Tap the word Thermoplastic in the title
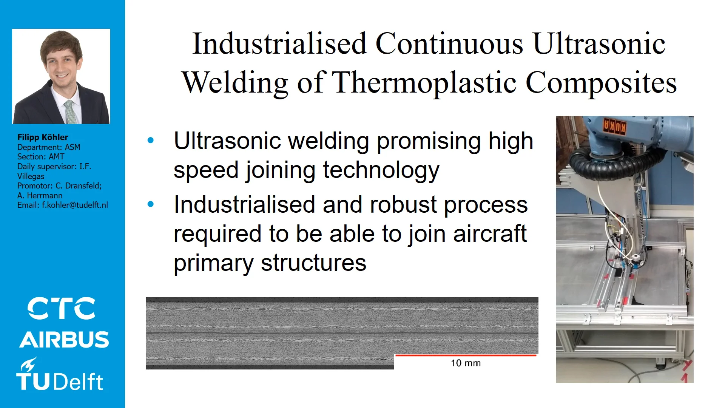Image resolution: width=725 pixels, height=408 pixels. (424, 82)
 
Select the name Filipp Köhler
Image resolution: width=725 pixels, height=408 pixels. (43, 137)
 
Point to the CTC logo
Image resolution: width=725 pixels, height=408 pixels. (61, 308)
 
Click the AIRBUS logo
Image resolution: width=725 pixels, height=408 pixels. (64, 340)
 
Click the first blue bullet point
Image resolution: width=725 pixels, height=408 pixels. (151, 141)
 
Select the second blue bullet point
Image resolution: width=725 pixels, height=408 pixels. (151, 204)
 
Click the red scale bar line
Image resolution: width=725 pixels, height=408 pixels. (466, 355)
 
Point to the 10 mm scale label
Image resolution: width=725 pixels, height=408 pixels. (466, 363)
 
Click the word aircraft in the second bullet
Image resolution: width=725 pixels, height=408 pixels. (490, 233)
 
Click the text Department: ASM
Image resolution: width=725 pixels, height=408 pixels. (49, 147)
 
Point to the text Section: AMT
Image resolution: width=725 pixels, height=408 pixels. (41, 156)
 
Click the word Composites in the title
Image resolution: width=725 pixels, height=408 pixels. (601, 82)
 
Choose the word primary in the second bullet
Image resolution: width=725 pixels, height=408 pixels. (213, 263)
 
